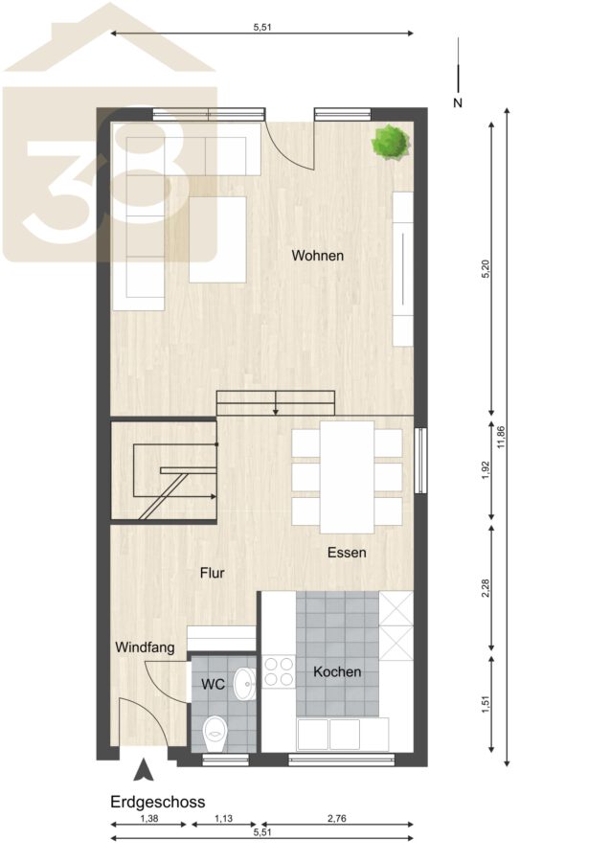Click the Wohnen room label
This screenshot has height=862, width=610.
318,256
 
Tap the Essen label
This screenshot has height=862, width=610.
347,553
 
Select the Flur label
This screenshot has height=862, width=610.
213,574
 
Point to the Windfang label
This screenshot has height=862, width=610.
145,647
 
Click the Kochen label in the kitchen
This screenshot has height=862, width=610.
337,671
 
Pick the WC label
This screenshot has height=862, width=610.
213,685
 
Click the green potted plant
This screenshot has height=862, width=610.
390,143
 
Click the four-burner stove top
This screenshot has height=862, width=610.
279,671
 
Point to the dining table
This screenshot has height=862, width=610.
348,477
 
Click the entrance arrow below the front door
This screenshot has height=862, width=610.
144,770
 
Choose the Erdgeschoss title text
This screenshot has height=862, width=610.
158,802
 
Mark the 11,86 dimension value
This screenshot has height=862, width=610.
501,437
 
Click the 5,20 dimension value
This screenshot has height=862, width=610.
485,268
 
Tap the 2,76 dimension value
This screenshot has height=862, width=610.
337,819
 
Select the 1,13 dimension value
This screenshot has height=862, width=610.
223,819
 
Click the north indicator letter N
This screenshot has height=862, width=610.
458,102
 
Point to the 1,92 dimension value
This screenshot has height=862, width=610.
485,469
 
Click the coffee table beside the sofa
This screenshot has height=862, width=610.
217,239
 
